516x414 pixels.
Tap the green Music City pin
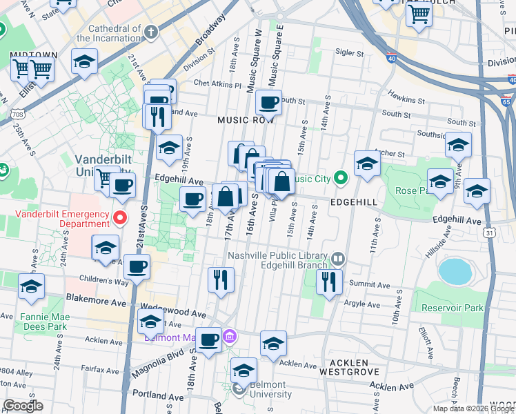click(340, 179)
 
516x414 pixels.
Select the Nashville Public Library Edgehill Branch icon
click(337, 259)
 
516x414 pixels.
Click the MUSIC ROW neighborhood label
click(246, 120)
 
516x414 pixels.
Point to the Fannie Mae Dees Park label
click(43, 322)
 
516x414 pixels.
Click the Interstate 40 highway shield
click(391, 59)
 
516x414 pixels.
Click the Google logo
click(23, 405)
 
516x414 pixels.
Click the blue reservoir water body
click(454, 272)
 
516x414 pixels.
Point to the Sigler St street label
click(349, 52)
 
